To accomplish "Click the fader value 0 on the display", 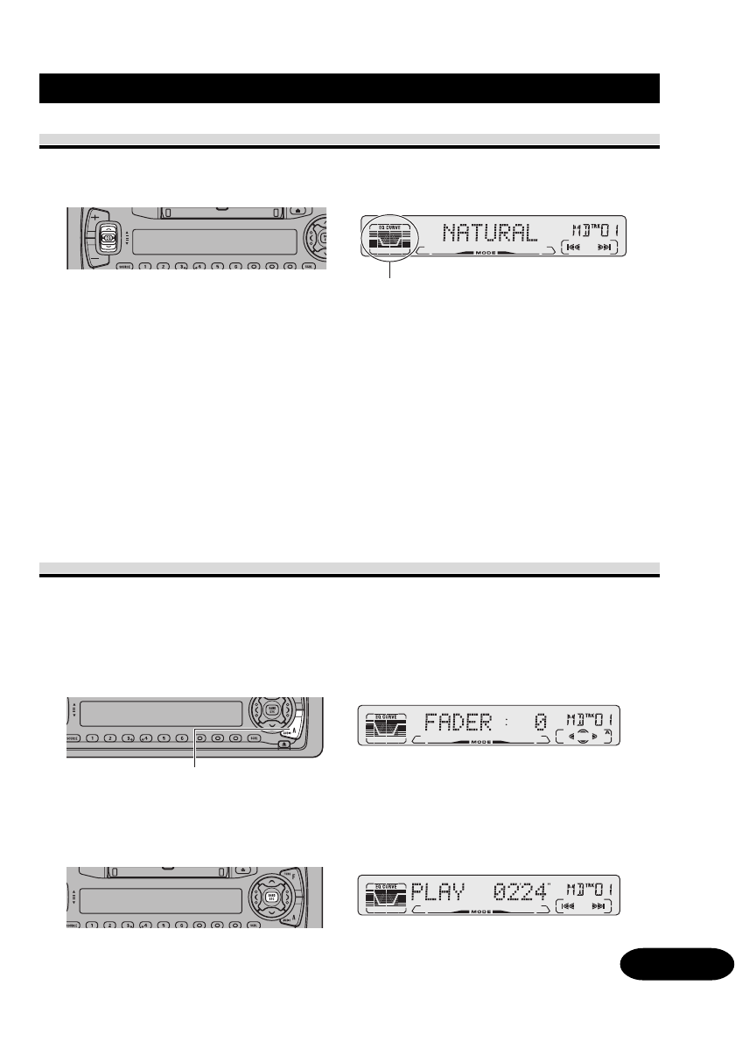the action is [x=541, y=723].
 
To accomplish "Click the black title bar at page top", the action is [x=350, y=88].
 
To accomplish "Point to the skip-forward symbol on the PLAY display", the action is [x=600, y=906].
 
